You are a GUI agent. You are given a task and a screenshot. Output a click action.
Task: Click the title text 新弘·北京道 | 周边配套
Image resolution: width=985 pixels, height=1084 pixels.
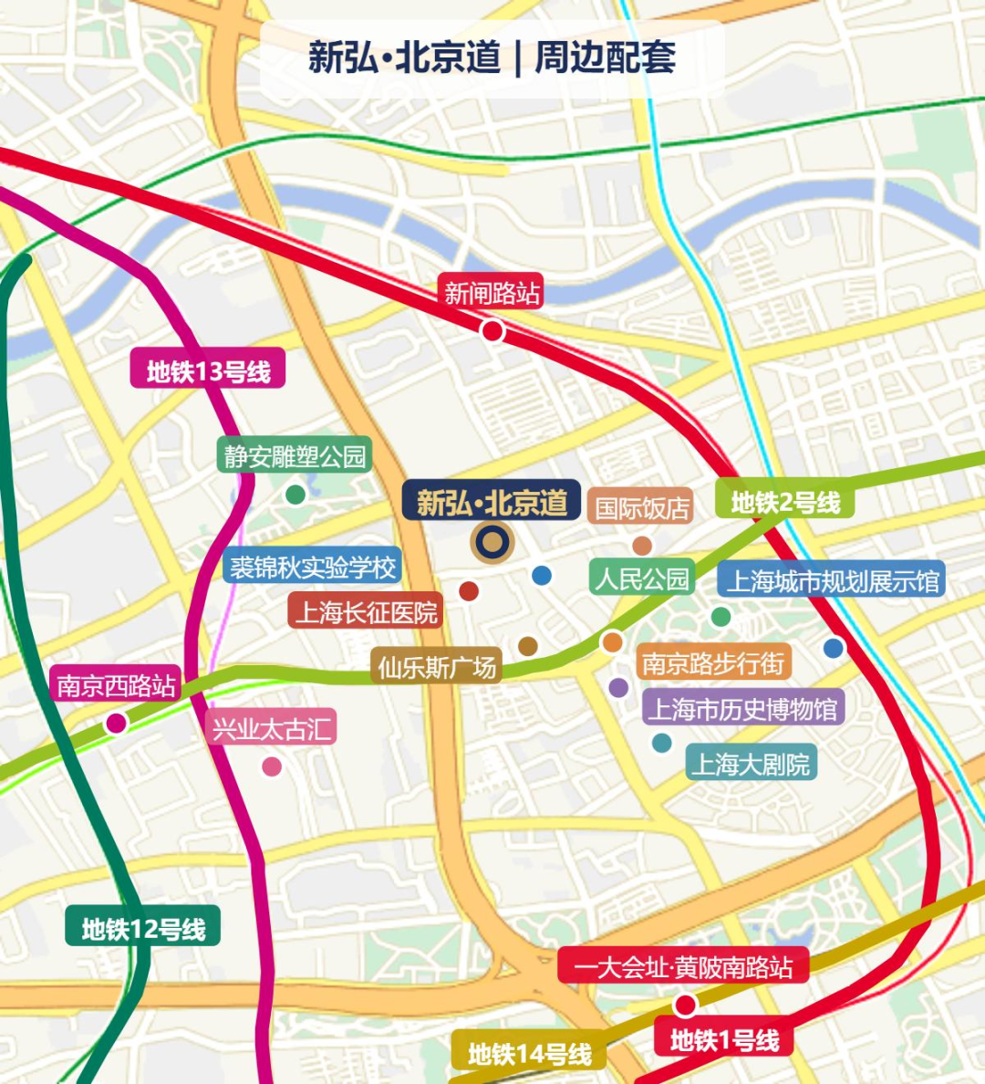[492, 57]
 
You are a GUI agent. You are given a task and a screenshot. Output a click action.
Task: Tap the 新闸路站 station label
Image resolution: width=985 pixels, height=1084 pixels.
[491, 292]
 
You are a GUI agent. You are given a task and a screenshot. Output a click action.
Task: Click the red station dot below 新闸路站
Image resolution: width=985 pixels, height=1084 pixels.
[493, 331]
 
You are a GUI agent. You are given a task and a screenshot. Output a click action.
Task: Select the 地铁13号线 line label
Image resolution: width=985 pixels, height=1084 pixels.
[208, 370]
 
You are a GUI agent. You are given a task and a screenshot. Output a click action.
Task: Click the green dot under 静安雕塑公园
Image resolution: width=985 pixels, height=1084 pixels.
[295, 495]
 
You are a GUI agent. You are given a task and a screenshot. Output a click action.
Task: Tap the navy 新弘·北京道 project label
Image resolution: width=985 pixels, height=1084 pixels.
[492, 502]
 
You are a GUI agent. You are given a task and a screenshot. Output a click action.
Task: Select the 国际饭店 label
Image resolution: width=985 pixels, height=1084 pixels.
[641, 507]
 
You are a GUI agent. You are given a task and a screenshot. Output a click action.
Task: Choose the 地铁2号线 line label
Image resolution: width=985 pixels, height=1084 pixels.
[785, 501]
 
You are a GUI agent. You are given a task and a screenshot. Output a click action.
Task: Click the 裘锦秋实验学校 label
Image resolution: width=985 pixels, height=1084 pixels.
[312, 568]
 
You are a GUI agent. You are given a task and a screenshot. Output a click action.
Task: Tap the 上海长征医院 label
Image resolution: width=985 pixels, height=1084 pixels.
[366, 611]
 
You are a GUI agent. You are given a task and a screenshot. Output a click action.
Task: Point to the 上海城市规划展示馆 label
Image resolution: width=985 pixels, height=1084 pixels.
[831, 581]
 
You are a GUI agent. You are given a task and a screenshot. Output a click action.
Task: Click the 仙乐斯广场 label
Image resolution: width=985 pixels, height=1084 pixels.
[437, 667]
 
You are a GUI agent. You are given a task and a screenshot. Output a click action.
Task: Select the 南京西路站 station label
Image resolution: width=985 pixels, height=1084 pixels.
[116, 685]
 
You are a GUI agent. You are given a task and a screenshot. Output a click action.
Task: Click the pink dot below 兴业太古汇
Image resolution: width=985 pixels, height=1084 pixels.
[272, 766]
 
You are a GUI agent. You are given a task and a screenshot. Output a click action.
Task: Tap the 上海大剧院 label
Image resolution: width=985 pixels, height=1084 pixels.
[750, 764]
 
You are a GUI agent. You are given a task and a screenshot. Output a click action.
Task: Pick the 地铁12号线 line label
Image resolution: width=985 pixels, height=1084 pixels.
[143, 928]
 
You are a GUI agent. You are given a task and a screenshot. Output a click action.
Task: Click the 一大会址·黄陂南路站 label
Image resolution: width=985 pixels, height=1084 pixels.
[683, 966]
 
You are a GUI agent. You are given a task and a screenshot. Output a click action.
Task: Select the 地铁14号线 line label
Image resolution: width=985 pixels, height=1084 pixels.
[529, 1054]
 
